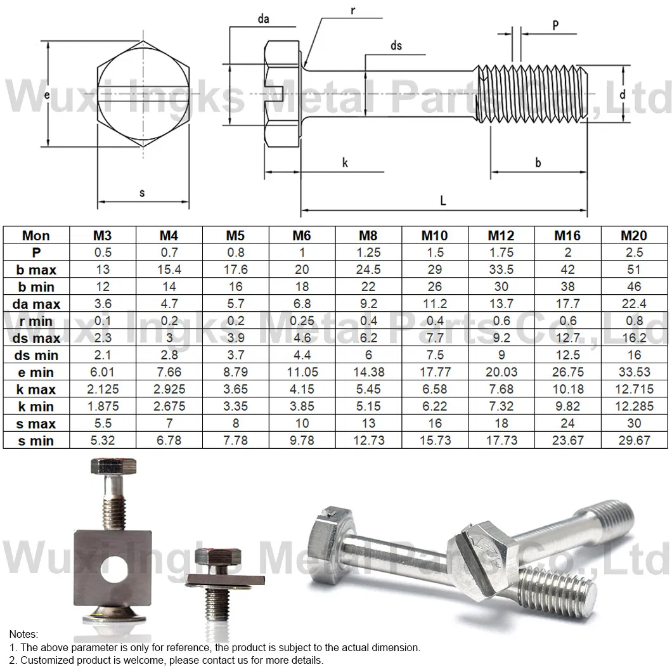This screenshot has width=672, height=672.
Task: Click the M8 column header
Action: tap(368, 236)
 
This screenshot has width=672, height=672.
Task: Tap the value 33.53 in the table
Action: tap(633, 372)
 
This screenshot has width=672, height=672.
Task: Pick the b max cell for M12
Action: tap(501, 269)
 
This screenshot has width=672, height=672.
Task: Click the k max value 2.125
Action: tap(103, 389)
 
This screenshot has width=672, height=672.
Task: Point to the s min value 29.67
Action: tap(633, 441)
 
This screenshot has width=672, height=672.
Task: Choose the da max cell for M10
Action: tap(434, 304)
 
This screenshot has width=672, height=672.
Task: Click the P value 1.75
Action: tap(501, 252)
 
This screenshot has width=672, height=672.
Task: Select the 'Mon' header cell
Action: tap(36, 236)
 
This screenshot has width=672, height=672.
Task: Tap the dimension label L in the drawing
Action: tap(443, 201)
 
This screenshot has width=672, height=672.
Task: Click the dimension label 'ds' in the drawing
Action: tap(396, 46)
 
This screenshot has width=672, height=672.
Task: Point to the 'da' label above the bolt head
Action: tap(263, 19)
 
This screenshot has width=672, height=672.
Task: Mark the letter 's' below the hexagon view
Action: tap(142, 193)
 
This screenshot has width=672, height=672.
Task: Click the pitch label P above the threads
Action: tap(555, 25)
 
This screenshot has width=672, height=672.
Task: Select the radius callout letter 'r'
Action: tap(352, 11)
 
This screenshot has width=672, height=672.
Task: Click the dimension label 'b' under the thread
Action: tap(538, 163)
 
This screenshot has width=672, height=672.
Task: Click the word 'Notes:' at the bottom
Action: tap(23, 634)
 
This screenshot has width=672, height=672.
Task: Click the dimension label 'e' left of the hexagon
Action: tap(47, 94)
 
